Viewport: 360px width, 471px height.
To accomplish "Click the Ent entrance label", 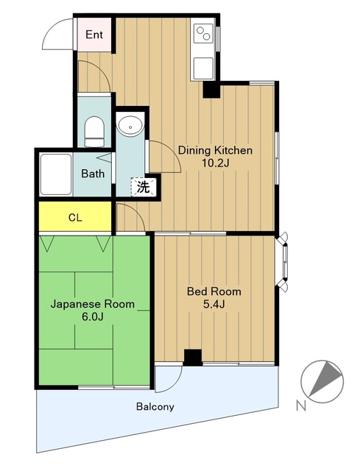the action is click(94, 35).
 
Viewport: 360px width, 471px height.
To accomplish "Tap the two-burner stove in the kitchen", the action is click(203, 33).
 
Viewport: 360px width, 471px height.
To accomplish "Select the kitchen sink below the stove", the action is click(203, 68).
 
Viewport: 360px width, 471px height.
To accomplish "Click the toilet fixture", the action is click(94, 131).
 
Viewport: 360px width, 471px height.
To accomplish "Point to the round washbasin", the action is click(130, 126).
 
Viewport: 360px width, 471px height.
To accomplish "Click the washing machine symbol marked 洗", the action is click(144, 187).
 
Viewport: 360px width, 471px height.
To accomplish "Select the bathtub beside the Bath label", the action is click(56, 174).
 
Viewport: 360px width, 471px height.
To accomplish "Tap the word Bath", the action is click(93, 174).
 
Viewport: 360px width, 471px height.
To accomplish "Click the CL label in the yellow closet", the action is click(75, 218).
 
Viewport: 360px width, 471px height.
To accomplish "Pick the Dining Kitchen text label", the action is click(215, 150).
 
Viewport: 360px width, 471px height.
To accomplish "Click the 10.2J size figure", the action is click(215, 163).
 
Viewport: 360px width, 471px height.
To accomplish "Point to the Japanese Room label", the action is click(93, 304).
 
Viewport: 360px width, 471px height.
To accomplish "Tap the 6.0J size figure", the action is click(93, 316).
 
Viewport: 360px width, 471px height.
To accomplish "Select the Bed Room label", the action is click(214, 291).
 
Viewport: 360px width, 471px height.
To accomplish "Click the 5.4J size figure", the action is click(214, 304).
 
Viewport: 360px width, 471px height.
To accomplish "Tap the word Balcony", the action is click(155, 407).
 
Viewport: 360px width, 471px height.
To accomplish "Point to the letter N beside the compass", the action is click(301, 406).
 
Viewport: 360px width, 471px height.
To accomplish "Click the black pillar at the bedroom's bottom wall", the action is click(193, 358).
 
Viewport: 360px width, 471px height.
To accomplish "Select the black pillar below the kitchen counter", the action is click(211, 89).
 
